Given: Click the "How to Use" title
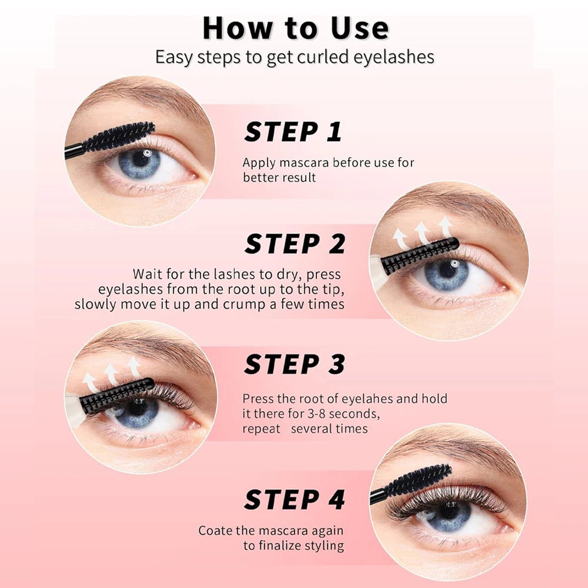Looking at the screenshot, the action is coord(296,28).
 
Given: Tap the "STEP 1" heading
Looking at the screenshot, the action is coord(293,132).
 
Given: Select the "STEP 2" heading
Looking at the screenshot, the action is coord(295,244).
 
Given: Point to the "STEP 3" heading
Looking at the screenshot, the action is coord(295,364).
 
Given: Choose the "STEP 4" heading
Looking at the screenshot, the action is coord(295,499).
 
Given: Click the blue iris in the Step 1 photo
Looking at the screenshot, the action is coord(139,163).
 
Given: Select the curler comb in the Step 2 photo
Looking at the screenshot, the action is coord(420,255).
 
